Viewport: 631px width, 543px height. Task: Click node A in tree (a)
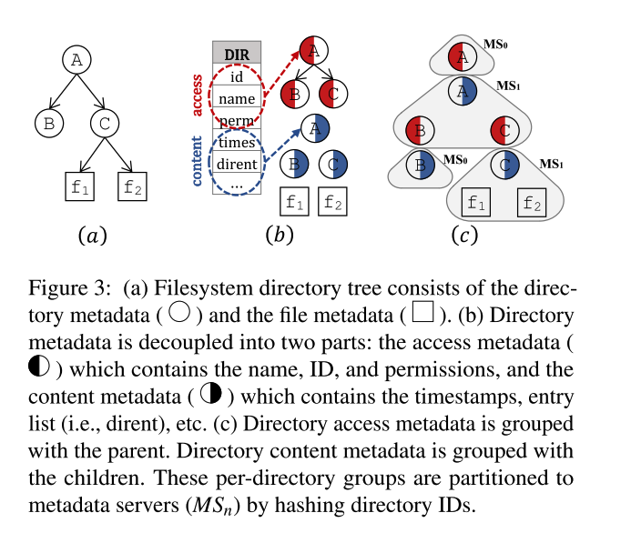coord(77,59)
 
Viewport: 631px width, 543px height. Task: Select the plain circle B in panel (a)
coord(47,122)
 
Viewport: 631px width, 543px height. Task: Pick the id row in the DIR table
coord(237,76)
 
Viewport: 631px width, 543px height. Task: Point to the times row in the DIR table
coord(237,144)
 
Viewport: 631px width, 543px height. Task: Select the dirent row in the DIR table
coord(237,164)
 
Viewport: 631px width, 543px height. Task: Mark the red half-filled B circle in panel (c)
coord(419,130)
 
